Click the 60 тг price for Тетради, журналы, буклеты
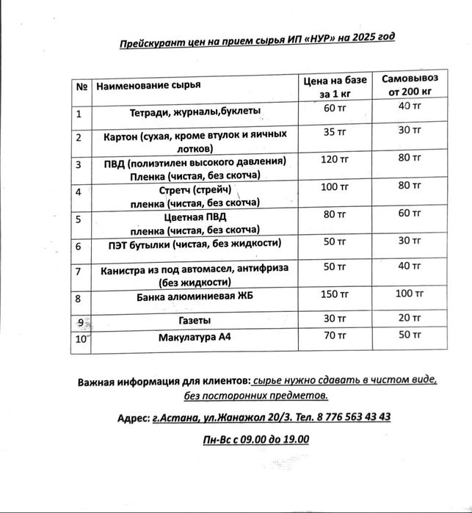pos(334,109)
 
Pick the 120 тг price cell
pos(334,159)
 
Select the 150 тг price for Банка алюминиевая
pos(334,295)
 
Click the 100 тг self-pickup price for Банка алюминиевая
pos(409,294)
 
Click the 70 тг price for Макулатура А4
pos(334,335)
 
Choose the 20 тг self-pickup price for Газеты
pos(409,318)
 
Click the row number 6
pos(79,247)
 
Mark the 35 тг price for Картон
pos(334,132)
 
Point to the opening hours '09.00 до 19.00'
pos(273,440)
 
